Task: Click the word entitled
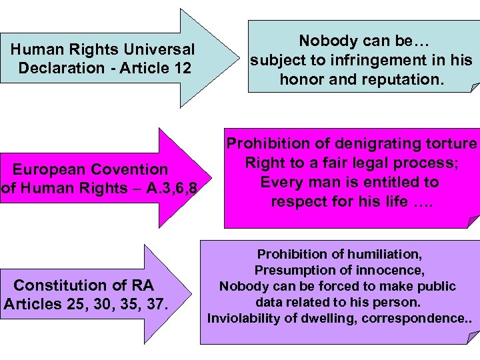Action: (406, 182)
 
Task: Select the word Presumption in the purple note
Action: (292, 270)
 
